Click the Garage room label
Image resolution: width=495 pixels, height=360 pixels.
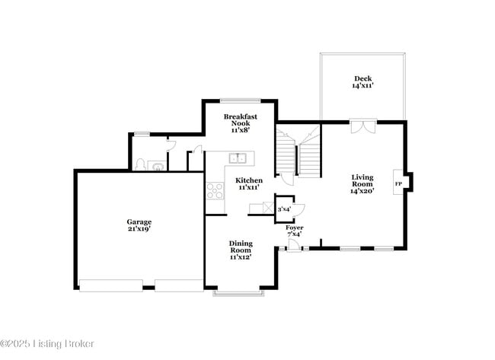point(139,225)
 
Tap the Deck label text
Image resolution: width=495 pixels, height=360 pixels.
point(362,82)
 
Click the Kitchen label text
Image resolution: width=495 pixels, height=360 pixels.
point(249,183)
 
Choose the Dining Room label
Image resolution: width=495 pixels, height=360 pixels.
point(241,250)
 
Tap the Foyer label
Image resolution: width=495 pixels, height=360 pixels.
point(294,230)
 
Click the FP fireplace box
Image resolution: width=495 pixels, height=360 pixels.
point(398,184)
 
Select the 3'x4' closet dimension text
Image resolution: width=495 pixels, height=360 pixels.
point(286,209)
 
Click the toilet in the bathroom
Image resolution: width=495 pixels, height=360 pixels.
point(139,164)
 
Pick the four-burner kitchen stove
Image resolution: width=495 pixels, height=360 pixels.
point(215,190)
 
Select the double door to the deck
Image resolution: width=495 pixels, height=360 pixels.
point(362,126)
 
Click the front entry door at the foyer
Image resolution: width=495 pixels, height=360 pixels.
point(292,246)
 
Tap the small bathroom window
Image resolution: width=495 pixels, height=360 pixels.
point(142,134)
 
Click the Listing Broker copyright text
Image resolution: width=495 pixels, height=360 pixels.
point(47,344)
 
